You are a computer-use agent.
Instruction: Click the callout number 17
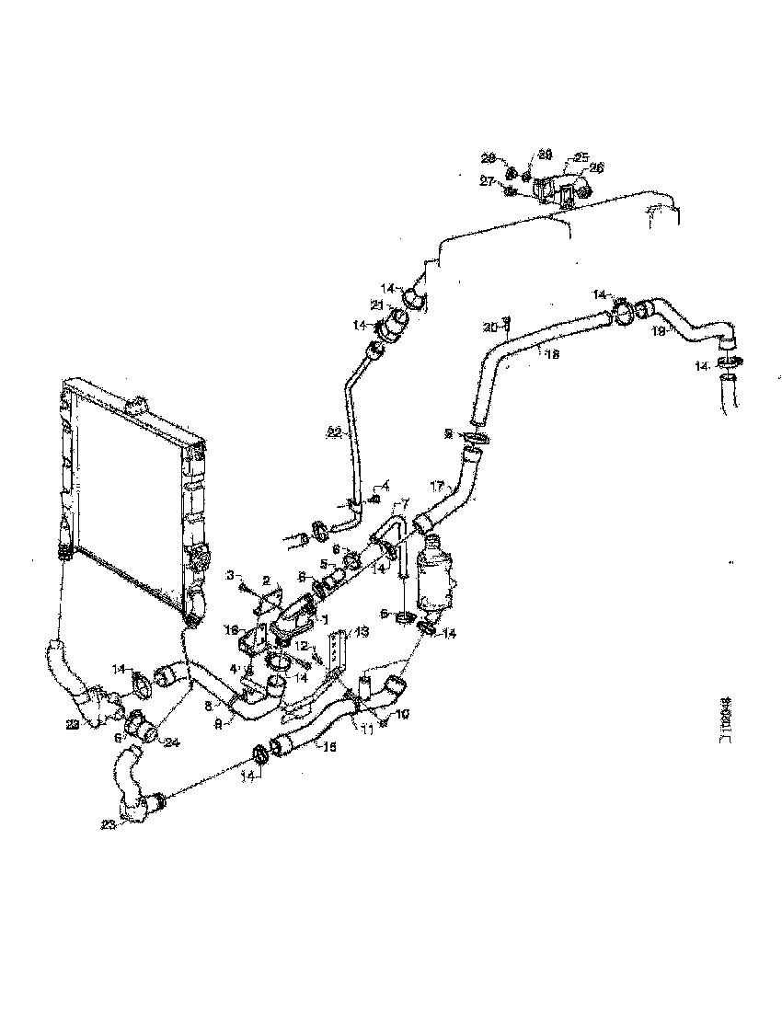coord(437,486)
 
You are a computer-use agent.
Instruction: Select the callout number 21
coord(376,305)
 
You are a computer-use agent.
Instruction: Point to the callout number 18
coord(549,351)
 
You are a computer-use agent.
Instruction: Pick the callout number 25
coord(581,156)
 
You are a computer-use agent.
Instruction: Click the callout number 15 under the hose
coord(328,748)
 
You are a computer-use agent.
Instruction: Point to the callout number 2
coord(265,581)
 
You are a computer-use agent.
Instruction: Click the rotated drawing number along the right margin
coord(726,718)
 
